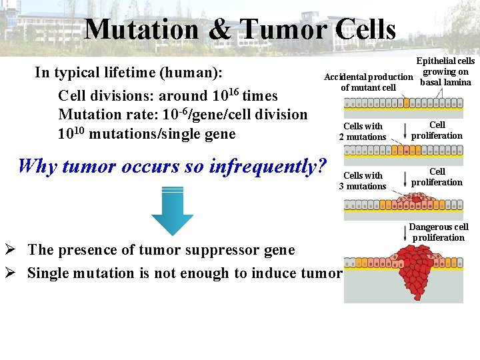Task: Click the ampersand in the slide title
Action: tap(219, 29)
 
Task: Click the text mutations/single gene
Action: tap(162, 134)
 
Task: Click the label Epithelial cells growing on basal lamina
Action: tap(445, 72)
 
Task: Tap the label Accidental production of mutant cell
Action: tap(368, 82)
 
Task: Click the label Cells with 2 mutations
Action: tap(363, 131)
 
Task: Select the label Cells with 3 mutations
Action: tap(363, 181)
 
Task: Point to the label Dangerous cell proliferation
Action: tap(438, 232)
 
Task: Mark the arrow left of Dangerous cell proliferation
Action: tap(405, 233)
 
